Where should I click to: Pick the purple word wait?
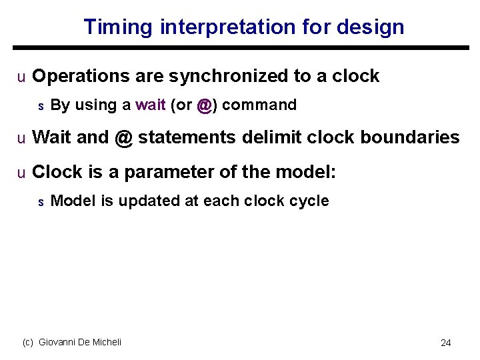pyautogui.click(x=151, y=105)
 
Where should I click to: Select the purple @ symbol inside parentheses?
pyautogui.click(x=205, y=105)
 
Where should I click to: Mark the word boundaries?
pyautogui.click(x=409, y=138)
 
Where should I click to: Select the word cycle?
pyautogui.click(x=307, y=201)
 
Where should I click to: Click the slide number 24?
pyautogui.click(x=445, y=343)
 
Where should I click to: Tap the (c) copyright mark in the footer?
pyautogui.click(x=28, y=342)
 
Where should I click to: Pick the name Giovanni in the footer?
pyautogui.click(x=59, y=342)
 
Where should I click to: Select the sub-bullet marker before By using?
pyautogui.click(x=40, y=106)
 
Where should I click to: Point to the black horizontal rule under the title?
pyautogui.click(x=240, y=47)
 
